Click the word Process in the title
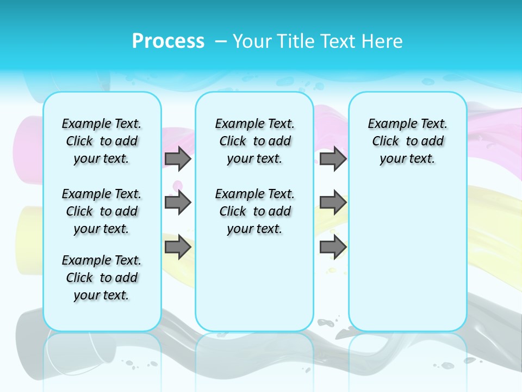pyautogui.click(x=168, y=41)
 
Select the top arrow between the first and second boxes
pyautogui.click(x=178, y=158)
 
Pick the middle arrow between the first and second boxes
pyautogui.click(x=178, y=203)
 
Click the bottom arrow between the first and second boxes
pyautogui.click(x=178, y=247)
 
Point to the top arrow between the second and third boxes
pyautogui.click(x=333, y=158)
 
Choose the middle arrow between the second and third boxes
pyautogui.click(x=333, y=203)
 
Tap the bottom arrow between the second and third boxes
pyautogui.click(x=333, y=247)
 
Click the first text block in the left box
pyautogui.click(x=102, y=141)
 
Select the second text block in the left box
pyautogui.click(x=102, y=211)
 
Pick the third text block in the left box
pyautogui.click(x=102, y=278)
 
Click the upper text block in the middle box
pyautogui.click(x=254, y=141)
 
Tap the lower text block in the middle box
pyautogui.click(x=254, y=211)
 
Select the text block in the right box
pyautogui.click(x=407, y=141)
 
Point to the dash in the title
pyautogui.click(x=221, y=41)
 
